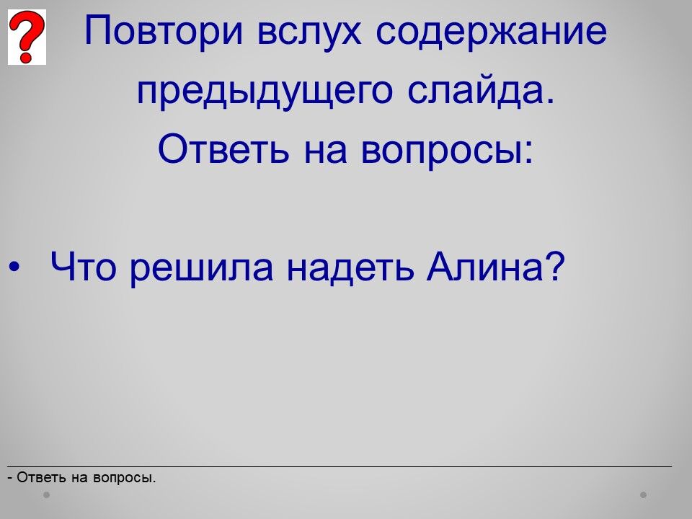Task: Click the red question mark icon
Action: tap(27, 37)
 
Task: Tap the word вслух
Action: tap(309, 31)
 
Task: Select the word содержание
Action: tap(491, 31)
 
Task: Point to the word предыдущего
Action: tap(265, 91)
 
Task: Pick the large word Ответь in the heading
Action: tap(223, 148)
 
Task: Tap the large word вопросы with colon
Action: tap(447, 149)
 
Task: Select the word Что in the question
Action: tap(84, 266)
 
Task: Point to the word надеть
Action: tap(350, 267)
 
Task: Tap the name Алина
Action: tap(484, 266)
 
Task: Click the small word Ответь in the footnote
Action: tap(42, 477)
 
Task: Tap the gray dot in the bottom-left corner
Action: tap(46, 494)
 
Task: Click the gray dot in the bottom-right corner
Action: tap(644, 494)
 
